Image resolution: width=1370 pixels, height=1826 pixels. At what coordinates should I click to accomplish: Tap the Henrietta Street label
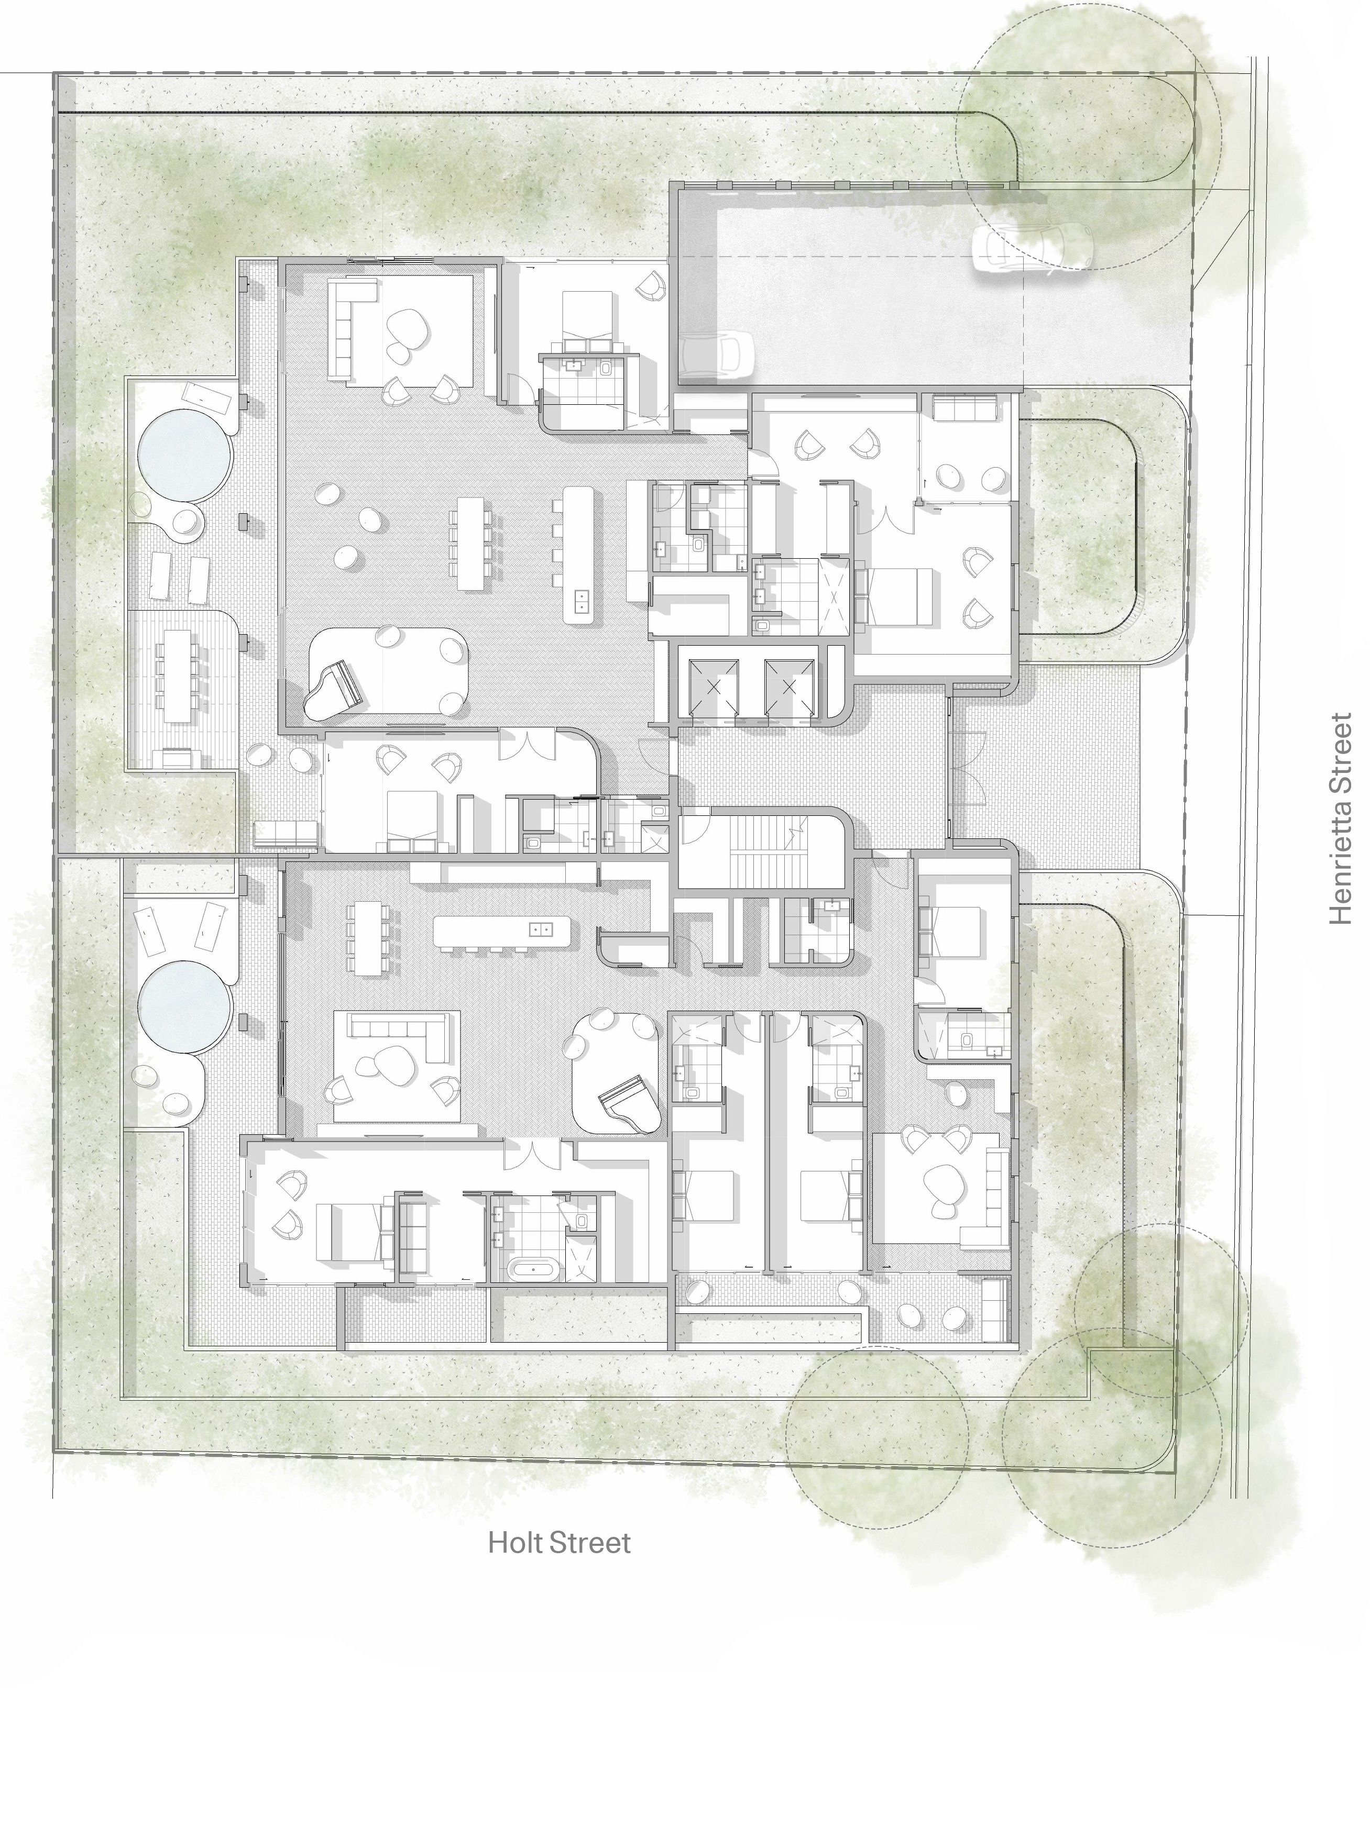tap(1340, 819)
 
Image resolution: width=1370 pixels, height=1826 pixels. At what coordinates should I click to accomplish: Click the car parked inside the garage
tap(716, 353)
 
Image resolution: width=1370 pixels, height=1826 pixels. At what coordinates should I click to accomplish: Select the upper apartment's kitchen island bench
tap(578, 554)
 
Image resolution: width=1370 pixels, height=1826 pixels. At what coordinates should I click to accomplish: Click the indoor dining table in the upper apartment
tap(470, 543)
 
